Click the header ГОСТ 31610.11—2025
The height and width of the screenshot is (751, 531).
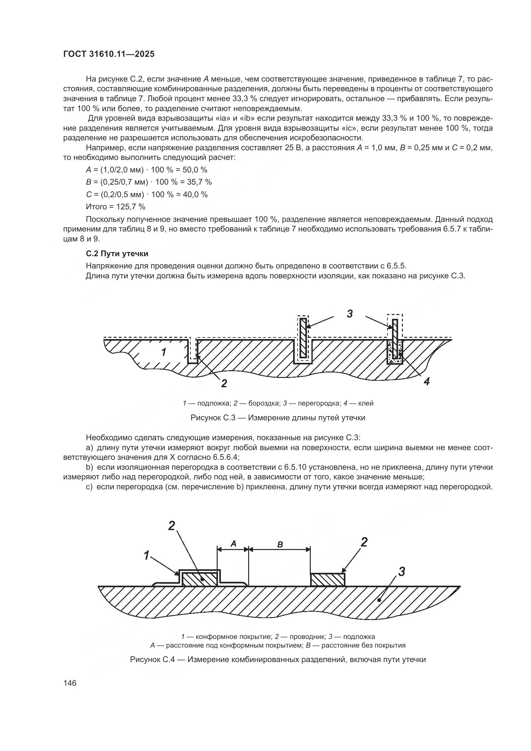[x=109, y=54]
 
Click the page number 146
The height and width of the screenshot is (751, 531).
[x=70, y=683]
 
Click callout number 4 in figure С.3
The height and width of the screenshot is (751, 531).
[x=426, y=381]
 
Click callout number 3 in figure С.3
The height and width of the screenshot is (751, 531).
[x=350, y=314]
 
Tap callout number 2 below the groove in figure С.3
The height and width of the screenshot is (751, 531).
[x=224, y=383]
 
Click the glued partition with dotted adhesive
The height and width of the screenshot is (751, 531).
[x=395, y=338]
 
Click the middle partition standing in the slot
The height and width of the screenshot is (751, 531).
[x=303, y=338]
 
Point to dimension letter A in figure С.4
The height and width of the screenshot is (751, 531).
[x=233, y=544]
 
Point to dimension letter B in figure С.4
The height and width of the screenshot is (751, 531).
[x=280, y=545]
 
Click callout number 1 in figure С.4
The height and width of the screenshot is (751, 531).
[x=147, y=555]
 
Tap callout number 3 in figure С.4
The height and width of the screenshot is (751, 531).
[x=402, y=571]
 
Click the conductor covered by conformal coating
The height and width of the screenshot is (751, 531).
[x=199, y=579]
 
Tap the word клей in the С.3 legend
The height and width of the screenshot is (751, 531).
[x=366, y=403]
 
